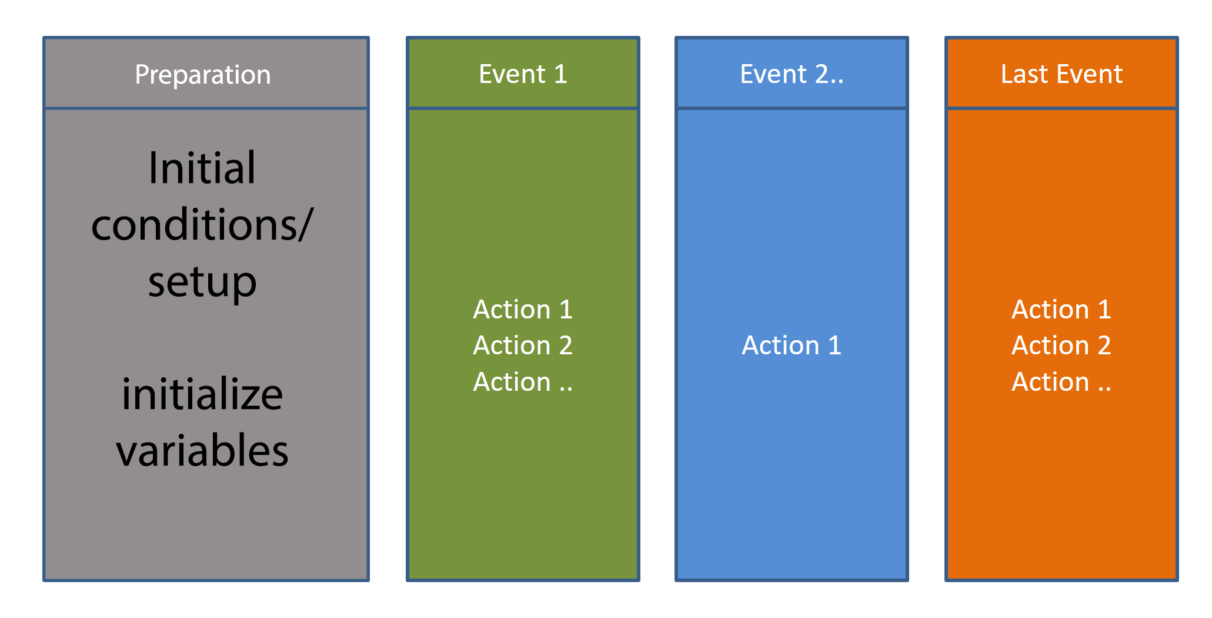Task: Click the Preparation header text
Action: (203, 75)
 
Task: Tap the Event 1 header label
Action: (523, 74)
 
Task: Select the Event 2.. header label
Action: (792, 74)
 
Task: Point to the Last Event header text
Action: (1061, 74)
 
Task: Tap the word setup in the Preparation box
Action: (202, 283)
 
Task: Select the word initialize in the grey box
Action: (202, 394)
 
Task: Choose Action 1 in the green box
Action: (523, 310)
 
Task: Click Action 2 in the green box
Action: (523, 345)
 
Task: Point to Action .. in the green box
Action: (523, 382)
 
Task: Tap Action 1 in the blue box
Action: (792, 345)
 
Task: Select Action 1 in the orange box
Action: (1061, 310)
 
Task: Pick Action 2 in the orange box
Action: (1061, 345)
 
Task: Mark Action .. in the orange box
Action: (1061, 382)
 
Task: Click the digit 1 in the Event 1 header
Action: (560, 74)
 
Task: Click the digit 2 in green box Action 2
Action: (566, 345)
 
